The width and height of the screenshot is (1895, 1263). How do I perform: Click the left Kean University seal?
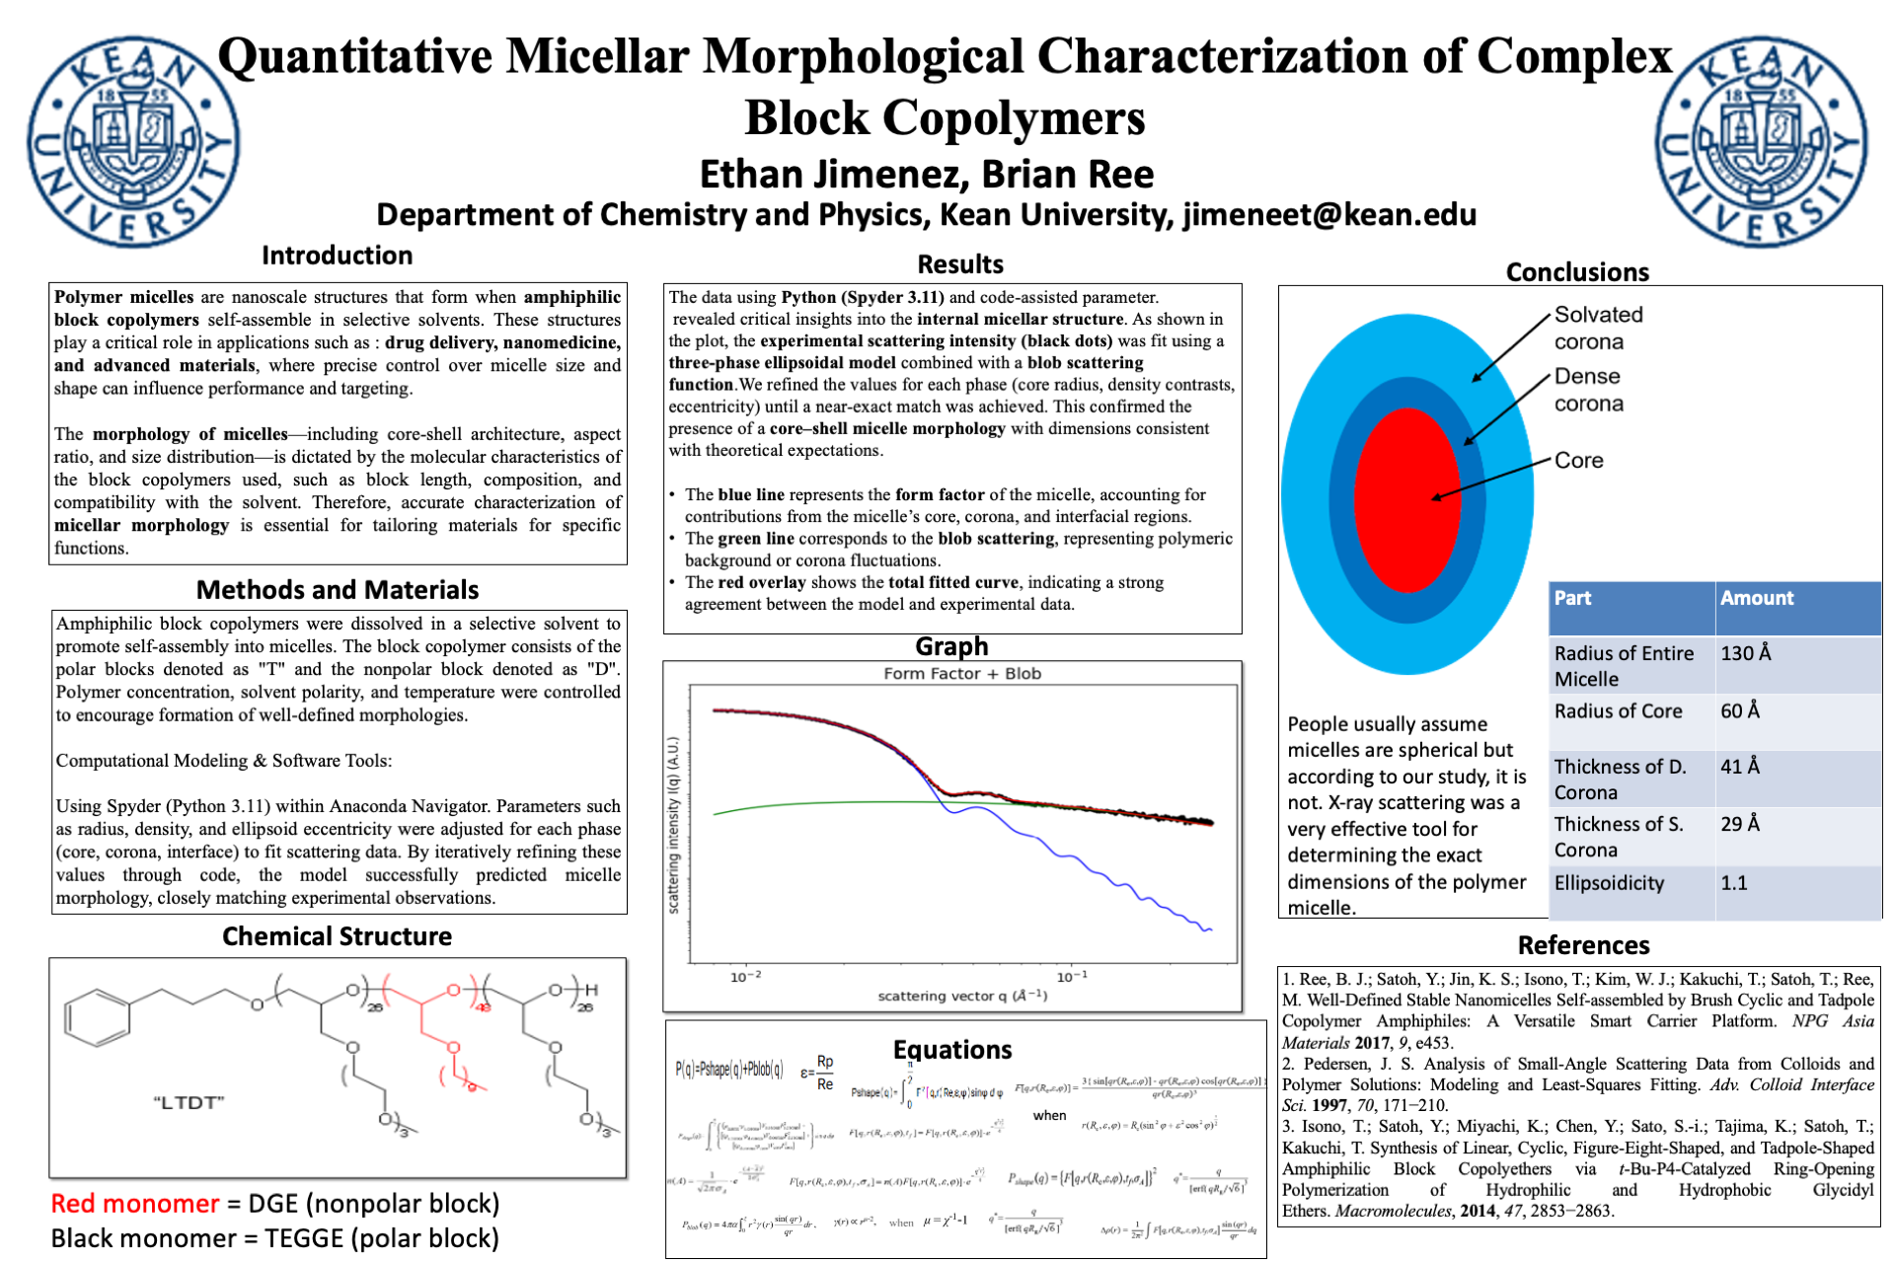(132, 141)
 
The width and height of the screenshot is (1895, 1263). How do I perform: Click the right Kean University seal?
(1761, 141)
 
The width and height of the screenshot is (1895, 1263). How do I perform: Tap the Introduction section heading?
(337, 256)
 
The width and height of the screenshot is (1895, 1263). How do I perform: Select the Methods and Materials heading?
(337, 590)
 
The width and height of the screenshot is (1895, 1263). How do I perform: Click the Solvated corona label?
(1598, 328)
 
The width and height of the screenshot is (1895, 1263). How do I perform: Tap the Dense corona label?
(1588, 390)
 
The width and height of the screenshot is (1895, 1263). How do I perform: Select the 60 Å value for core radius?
(1739, 710)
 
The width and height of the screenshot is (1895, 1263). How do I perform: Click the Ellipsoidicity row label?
(1609, 883)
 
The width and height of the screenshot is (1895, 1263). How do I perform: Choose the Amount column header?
(1756, 598)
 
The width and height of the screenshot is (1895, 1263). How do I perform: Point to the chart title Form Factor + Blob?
(962, 674)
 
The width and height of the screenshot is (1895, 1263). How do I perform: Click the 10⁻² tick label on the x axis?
(745, 977)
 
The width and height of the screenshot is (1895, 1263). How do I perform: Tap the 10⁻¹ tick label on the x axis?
(1072, 977)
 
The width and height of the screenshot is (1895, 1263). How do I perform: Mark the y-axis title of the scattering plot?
(673, 825)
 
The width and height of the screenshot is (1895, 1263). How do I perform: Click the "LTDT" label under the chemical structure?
(189, 1102)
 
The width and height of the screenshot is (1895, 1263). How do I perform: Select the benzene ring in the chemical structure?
(97, 1018)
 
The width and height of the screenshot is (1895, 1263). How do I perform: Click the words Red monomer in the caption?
(134, 1204)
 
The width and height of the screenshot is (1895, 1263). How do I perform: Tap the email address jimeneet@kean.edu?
(1329, 214)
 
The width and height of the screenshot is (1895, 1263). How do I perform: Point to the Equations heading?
(951, 1050)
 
